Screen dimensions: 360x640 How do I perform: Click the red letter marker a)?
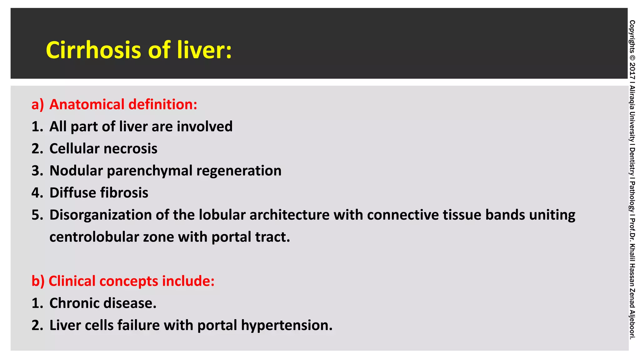point(38,104)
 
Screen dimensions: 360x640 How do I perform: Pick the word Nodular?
point(76,171)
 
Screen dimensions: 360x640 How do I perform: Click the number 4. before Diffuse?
point(37,193)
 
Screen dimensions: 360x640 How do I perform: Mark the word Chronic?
point(74,303)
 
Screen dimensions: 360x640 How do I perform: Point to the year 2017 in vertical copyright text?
point(632,71)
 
